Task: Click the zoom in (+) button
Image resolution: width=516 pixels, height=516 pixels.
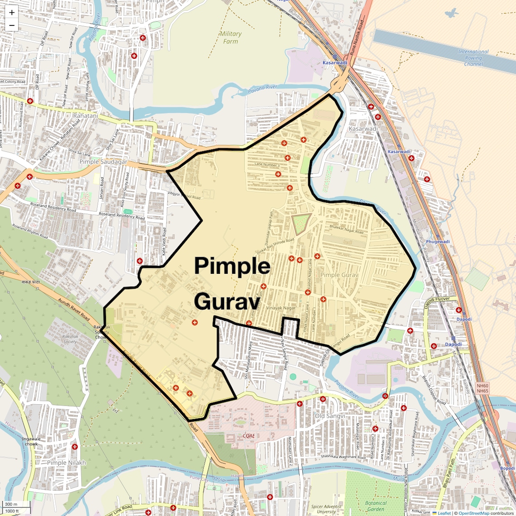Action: coord(12,13)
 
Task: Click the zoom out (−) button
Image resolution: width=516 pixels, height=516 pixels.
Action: coord(12,25)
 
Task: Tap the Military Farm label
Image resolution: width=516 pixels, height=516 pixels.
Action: coord(230,38)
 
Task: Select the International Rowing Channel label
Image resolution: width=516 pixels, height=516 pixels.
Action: coord(473,58)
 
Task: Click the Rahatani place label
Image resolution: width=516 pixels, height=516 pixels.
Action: coord(86,116)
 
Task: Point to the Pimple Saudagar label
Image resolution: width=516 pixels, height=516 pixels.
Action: coord(103,162)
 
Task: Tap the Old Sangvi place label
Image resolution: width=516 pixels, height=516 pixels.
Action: coord(330,416)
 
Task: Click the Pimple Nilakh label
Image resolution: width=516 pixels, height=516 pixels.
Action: coord(67,463)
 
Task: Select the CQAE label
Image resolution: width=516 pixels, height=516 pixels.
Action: coord(248,436)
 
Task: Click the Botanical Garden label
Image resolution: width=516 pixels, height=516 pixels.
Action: coord(376,506)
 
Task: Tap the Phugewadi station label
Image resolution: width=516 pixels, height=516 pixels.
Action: coord(438,242)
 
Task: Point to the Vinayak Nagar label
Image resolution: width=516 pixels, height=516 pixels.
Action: coord(281,308)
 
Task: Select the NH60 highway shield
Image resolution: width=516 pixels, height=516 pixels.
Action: coord(483,386)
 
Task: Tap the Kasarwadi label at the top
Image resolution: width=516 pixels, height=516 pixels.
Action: coord(335,63)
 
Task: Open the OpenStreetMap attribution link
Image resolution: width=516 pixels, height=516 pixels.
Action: coord(473,513)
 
